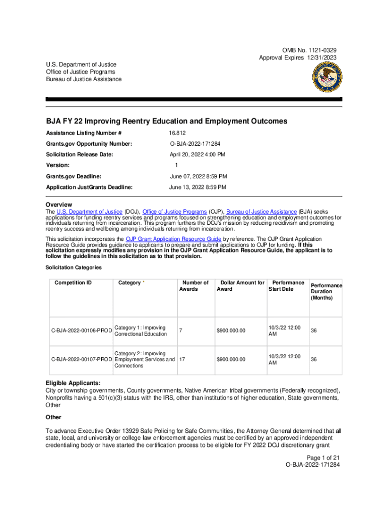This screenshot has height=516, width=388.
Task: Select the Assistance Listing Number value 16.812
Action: pos(177,133)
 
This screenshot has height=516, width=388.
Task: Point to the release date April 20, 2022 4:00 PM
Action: pos(197,154)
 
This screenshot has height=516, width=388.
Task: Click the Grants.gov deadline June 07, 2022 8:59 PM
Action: pos(198,176)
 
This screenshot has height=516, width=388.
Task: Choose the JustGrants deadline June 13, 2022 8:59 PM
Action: pos(198,187)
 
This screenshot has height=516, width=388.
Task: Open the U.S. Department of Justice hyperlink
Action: pos(90,212)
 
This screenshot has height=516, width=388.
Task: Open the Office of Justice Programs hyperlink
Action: pos(174,212)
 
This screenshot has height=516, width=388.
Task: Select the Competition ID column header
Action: pos(73,283)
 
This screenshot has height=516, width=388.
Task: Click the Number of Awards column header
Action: pos(195,286)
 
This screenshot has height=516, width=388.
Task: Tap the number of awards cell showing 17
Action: pos(182,359)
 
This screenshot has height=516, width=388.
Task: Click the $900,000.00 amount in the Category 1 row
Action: pos(231,331)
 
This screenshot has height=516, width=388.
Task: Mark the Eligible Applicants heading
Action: pos(73,382)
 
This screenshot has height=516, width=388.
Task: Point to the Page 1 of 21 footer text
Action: pos(319,457)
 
